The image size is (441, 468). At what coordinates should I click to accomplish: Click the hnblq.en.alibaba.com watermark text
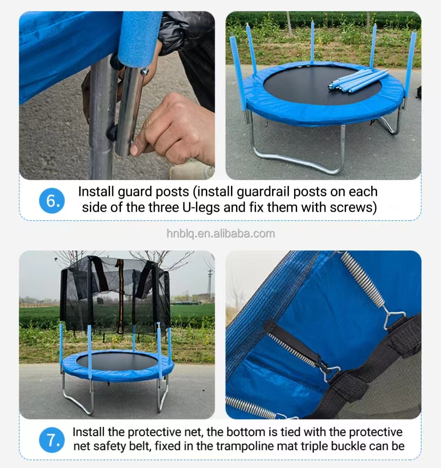point(220,234)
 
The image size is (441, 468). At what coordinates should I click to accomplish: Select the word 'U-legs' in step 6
point(200,207)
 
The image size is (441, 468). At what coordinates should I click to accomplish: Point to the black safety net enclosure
point(114,292)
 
